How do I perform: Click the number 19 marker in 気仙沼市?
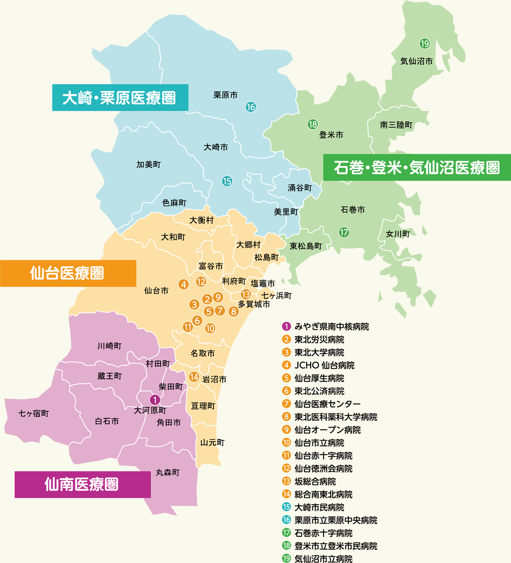coord(424,43)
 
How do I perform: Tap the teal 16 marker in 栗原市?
coord(251,107)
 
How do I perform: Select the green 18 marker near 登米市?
coord(313,124)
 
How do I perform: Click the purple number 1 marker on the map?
coord(155,400)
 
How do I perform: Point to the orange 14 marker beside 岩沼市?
coord(194,377)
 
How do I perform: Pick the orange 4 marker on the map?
coord(183,284)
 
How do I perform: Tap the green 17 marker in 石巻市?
coord(344,232)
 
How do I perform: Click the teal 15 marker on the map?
coord(227,181)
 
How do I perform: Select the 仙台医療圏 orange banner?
coord(68,273)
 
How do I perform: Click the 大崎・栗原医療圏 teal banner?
coord(120,98)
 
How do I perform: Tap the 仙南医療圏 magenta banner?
coord(83,484)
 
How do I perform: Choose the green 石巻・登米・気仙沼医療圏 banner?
coord(416,168)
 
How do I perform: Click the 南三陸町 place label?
coord(396,125)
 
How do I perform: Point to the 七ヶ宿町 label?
coord(34,414)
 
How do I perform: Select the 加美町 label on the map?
coord(149,164)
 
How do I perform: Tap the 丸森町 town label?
coord(168,472)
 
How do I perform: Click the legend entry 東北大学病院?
coord(319,352)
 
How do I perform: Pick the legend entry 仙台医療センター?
coord(327,404)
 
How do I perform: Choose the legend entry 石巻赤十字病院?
coord(323,533)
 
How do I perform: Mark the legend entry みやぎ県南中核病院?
coord(331,327)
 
